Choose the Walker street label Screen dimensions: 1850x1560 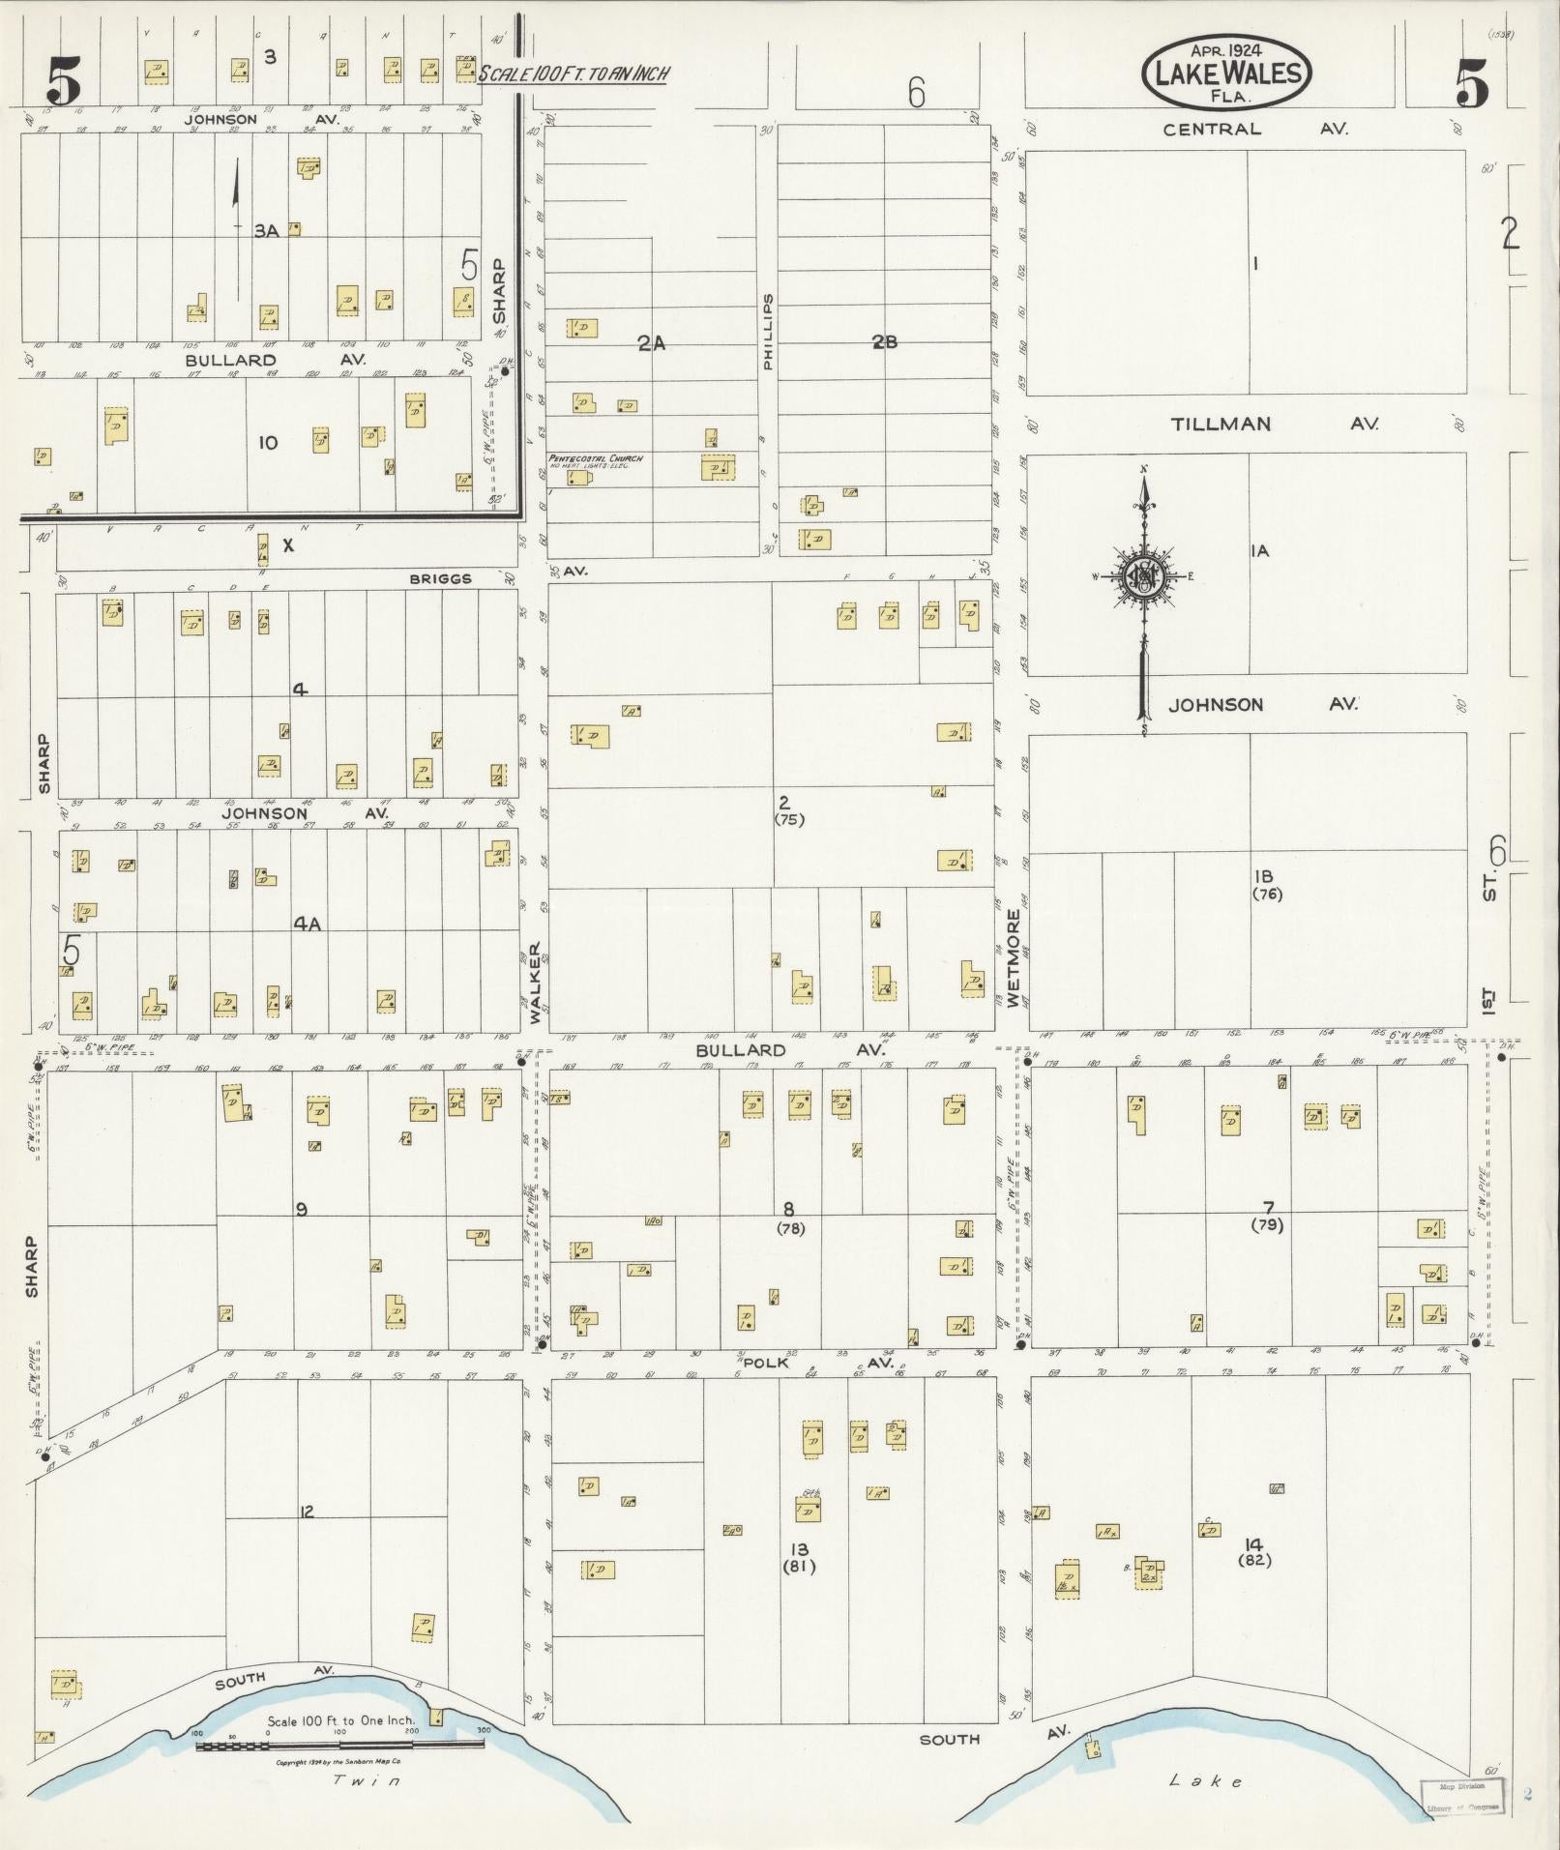pos(535,983)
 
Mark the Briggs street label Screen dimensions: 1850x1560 pos(440,578)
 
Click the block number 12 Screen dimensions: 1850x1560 pos(307,1512)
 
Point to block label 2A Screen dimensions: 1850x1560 pos(651,341)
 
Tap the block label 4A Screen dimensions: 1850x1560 pos(308,925)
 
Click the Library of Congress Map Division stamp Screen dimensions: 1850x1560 pos(1462,1796)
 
